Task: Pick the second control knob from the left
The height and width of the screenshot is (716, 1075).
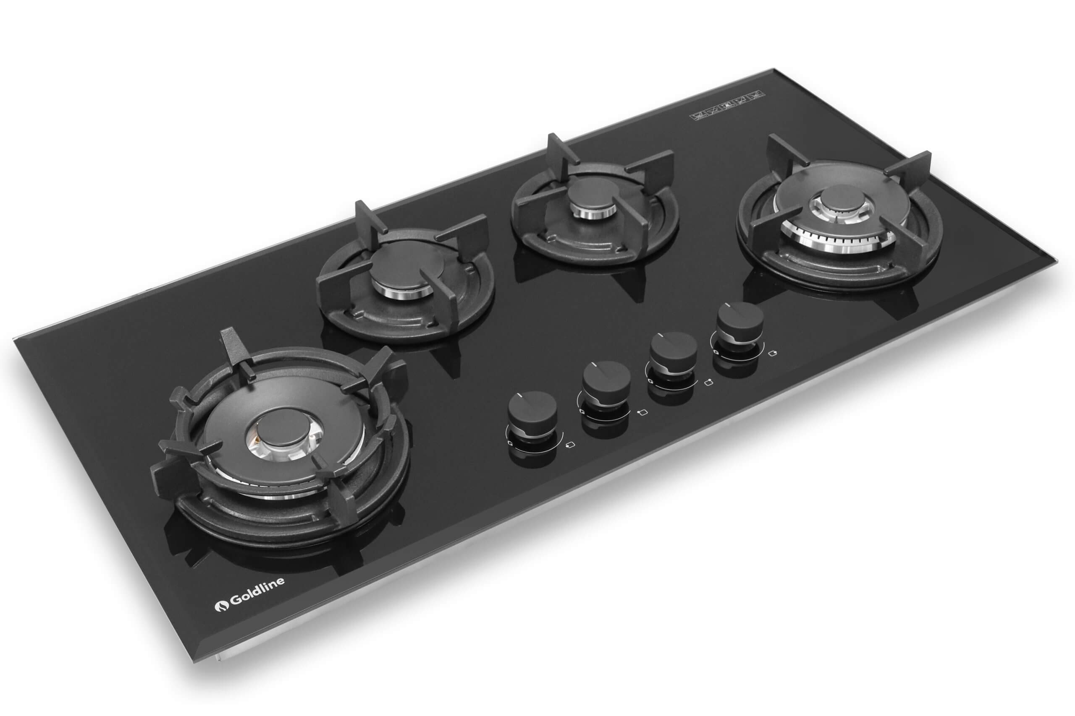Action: point(606,377)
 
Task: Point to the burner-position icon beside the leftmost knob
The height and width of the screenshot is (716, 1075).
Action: point(570,444)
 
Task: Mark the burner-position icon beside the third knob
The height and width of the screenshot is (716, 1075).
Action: point(709,383)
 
